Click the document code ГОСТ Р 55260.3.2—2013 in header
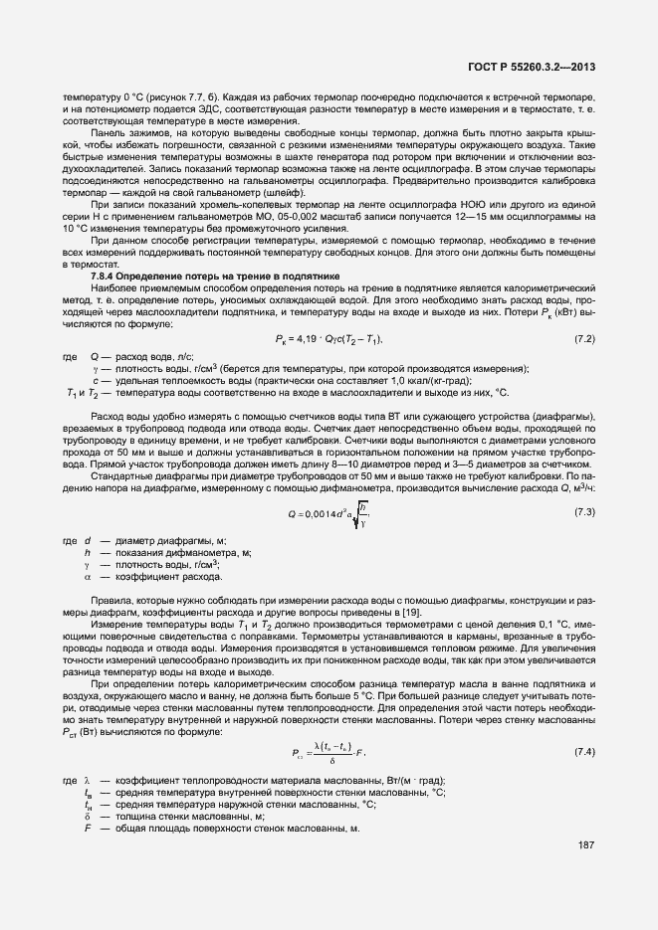pyautogui.click(x=538, y=66)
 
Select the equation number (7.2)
pyautogui.click(x=584, y=340)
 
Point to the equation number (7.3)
pyautogui.click(x=584, y=512)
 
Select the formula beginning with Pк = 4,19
pyautogui.click(x=328, y=340)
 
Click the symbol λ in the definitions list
pyautogui.click(x=88, y=780)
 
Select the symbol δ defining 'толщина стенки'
pyautogui.click(x=88, y=817)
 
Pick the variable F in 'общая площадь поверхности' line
pyautogui.click(x=88, y=829)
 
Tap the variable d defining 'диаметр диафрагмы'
pyautogui.click(x=88, y=540)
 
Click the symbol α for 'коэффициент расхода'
pyautogui.click(x=88, y=577)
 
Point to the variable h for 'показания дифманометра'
pyautogui.click(x=88, y=552)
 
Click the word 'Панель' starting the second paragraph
pyautogui.click(x=107, y=130)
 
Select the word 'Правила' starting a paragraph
pyautogui.click(x=110, y=601)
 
